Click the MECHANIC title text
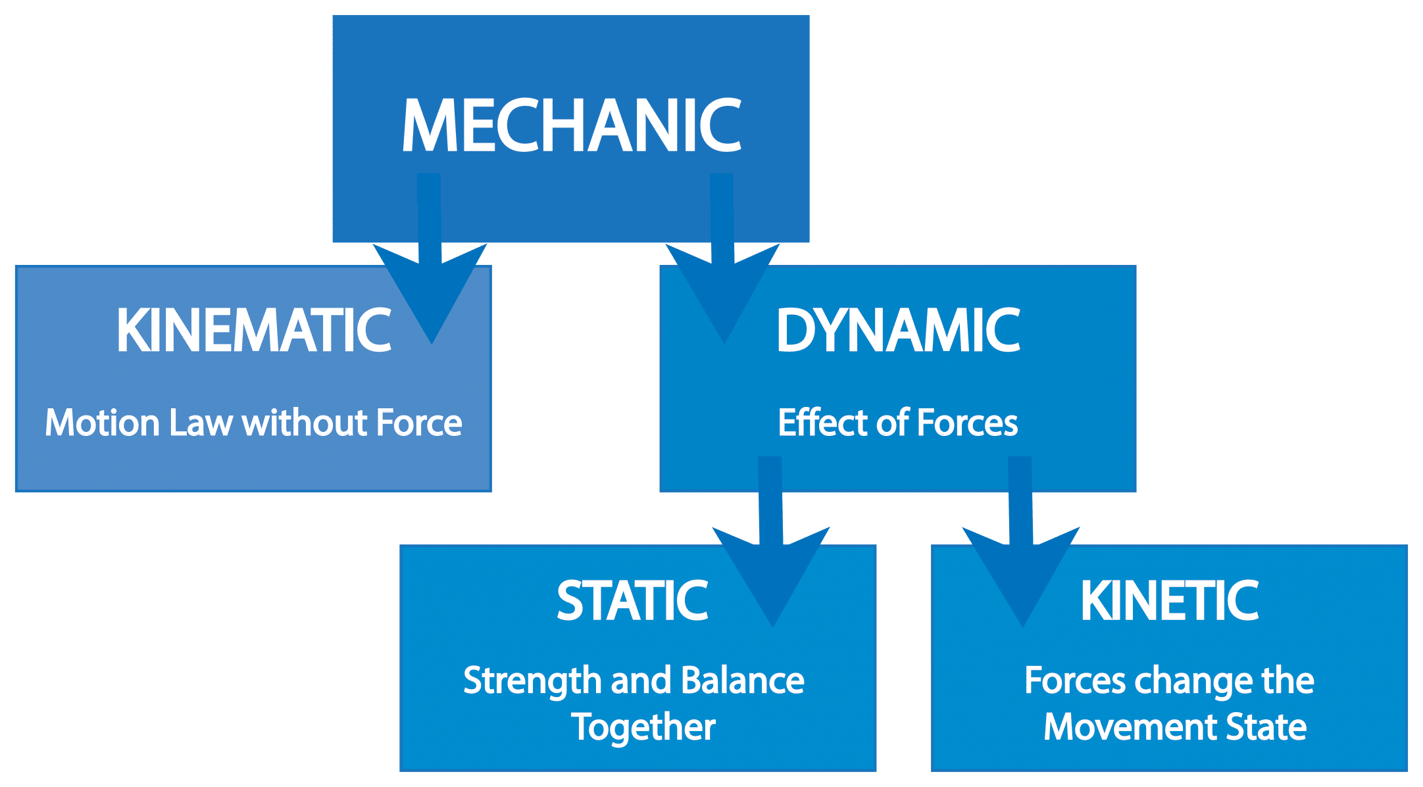[571, 126]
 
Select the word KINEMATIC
[253, 330]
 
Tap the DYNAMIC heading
[898, 330]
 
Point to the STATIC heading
[632, 600]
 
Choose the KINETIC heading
[1169, 600]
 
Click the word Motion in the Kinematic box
[102, 423]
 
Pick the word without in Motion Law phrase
[295, 423]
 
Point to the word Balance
[742, 680]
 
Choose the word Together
[643, 728]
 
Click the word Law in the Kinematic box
[201, 423]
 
